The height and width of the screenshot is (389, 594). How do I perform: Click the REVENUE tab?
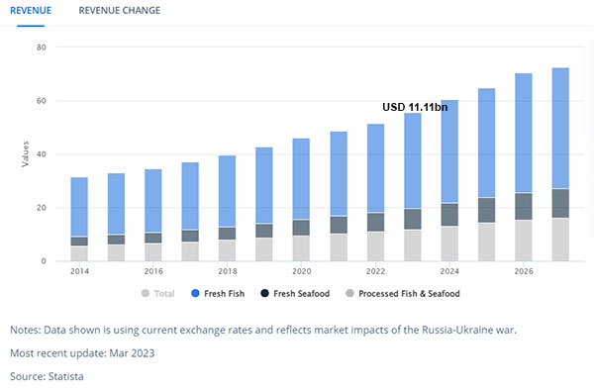tap(31, 10)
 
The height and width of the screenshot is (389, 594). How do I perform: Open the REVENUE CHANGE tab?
tap(120, 10)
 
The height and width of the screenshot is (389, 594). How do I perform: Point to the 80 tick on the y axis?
tap(42, 48)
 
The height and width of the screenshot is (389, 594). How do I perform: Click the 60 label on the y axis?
tap(42, 101)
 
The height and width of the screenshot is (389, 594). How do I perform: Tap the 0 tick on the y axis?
tap(44, 261)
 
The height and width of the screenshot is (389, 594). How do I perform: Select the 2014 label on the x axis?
tap(79, 271)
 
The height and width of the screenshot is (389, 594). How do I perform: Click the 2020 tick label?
tap(302, 271)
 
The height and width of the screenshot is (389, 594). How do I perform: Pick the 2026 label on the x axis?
tap(524, 271)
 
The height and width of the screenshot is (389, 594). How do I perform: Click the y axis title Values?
tap(25, 153)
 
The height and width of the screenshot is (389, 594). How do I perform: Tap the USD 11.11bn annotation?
tap(415, 107)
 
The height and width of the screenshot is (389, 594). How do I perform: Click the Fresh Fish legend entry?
tap(218, 294)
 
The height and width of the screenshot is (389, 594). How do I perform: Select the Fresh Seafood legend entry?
tap(295, 294)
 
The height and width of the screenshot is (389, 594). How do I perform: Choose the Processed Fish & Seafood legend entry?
tap(403, 294)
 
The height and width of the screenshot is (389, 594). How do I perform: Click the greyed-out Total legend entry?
tap(157, 294)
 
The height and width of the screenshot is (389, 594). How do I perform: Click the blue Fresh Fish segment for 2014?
tap(79, 207)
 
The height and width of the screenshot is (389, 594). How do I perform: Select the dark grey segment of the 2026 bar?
tap(524, 207)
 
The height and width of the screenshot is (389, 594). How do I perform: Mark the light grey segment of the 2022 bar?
tap(375, 246)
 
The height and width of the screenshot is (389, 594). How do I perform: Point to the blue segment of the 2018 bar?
tap(228, 191)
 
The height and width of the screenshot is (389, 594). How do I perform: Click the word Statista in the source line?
tap(65, 376)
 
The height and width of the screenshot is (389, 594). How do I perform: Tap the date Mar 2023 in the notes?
tap(132, 353)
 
